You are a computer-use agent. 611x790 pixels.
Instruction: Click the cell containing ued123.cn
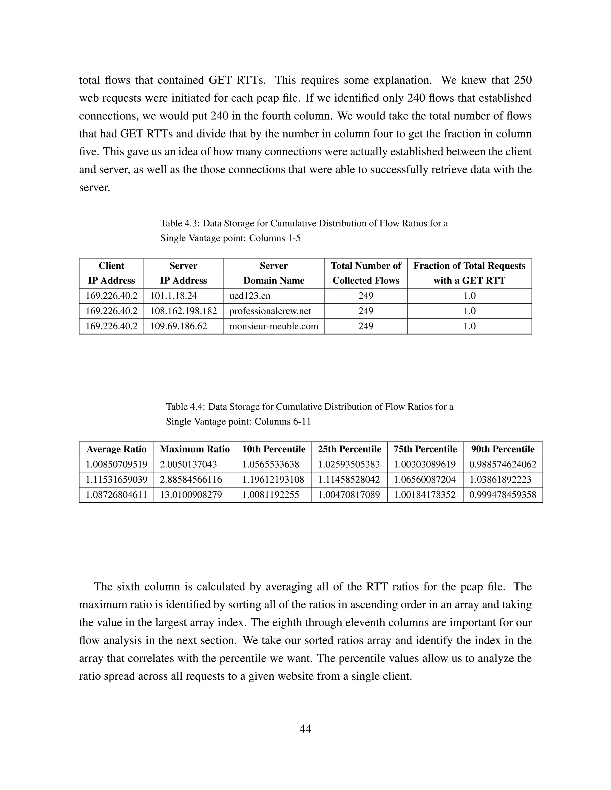[250, 296]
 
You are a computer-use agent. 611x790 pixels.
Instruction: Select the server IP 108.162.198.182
[183, 311]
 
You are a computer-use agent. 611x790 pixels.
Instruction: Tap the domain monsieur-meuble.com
[274, 326]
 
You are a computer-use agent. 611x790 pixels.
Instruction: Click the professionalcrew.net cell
[270, 311]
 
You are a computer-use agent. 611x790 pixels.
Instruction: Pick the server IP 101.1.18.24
[173, 296]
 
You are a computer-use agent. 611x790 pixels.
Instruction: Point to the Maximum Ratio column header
[195, 449]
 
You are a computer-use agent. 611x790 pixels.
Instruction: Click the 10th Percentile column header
[274, 449]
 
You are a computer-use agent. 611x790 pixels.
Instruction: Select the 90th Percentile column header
[503, 449]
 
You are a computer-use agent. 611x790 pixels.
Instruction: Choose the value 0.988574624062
[503, 464]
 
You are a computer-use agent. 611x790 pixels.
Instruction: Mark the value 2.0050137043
[188, 464]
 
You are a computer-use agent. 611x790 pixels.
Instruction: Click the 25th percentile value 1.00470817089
[349, 495]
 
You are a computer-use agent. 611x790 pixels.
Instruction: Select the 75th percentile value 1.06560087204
[425, 480]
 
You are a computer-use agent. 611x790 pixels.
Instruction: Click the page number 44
[305, 729]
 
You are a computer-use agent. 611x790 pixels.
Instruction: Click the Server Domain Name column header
[274, 273]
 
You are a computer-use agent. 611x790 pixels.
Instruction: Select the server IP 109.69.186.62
[178, 326]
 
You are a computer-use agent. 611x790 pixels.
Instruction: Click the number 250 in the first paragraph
[523, 80]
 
